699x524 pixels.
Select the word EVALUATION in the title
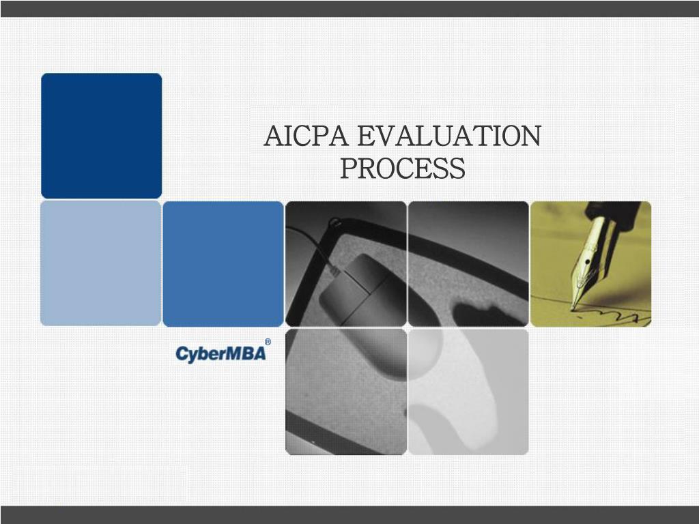pos(449,136)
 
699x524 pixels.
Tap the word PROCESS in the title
pos(402,169)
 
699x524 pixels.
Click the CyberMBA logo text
pos(220,354)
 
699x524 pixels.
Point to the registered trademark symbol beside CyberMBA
pos(268,342)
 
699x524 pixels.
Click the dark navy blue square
pos(101,135)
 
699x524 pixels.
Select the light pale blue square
pos(100,263)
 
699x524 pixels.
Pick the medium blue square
pos(223,263)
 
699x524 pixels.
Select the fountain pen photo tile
pos(590,263)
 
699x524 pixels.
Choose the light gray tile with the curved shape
pos(468,392)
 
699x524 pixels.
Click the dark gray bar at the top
pos(349,8)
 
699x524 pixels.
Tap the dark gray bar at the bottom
pos(349,515)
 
